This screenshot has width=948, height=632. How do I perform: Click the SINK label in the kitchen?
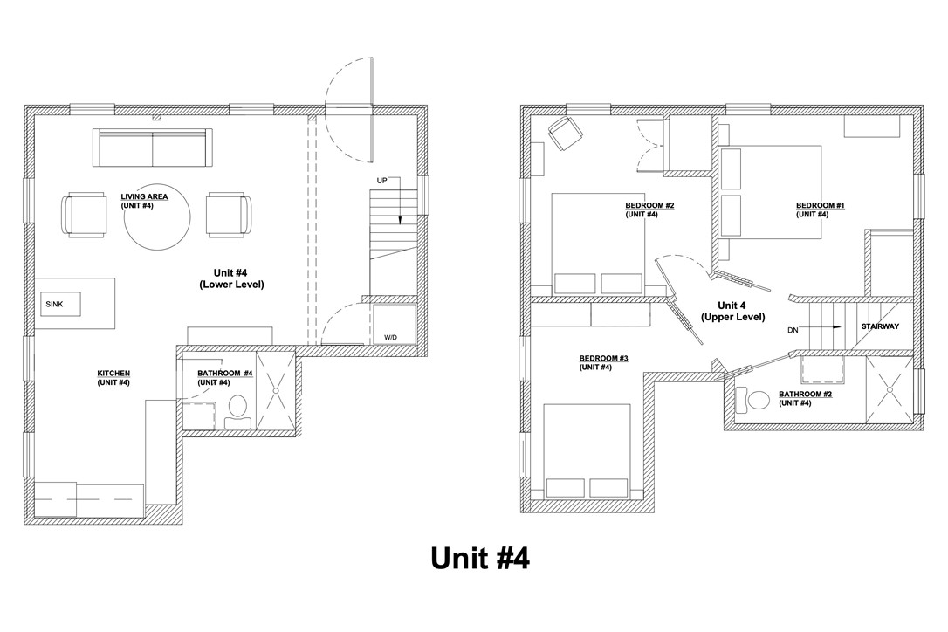(53, 304)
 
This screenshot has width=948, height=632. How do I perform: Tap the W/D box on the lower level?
(390, 337)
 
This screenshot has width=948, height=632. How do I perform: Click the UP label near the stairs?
(381, 181)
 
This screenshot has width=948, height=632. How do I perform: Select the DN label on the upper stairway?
(793, 330)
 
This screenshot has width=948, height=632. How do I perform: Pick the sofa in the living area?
(154, 148)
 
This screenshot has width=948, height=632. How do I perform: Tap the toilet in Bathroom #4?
(237, 412)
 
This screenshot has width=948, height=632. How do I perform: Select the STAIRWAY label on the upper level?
(880, 326)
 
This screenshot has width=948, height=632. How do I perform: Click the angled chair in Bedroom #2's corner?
(565, 132)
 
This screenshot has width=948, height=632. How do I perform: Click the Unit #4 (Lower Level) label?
(231, 278)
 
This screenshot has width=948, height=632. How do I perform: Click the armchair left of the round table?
(85, 216)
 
